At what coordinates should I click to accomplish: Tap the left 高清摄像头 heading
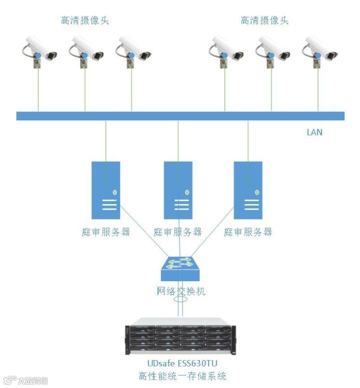pos(85,20)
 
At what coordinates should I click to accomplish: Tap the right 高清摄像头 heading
pos(264,20)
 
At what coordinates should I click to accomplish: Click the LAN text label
pos(314,132)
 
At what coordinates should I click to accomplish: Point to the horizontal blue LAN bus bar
pos(180,116)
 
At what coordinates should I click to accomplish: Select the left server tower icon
pos(106,190)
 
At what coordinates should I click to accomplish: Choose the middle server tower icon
pos(178,190)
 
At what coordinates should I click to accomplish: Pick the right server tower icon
pos(248,190)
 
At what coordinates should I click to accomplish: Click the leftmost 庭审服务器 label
pos(106,232)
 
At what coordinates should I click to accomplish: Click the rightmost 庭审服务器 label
pos(248,232)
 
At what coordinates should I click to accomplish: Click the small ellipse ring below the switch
pos(181,302)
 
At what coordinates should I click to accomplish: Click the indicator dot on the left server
pos(115,192)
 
